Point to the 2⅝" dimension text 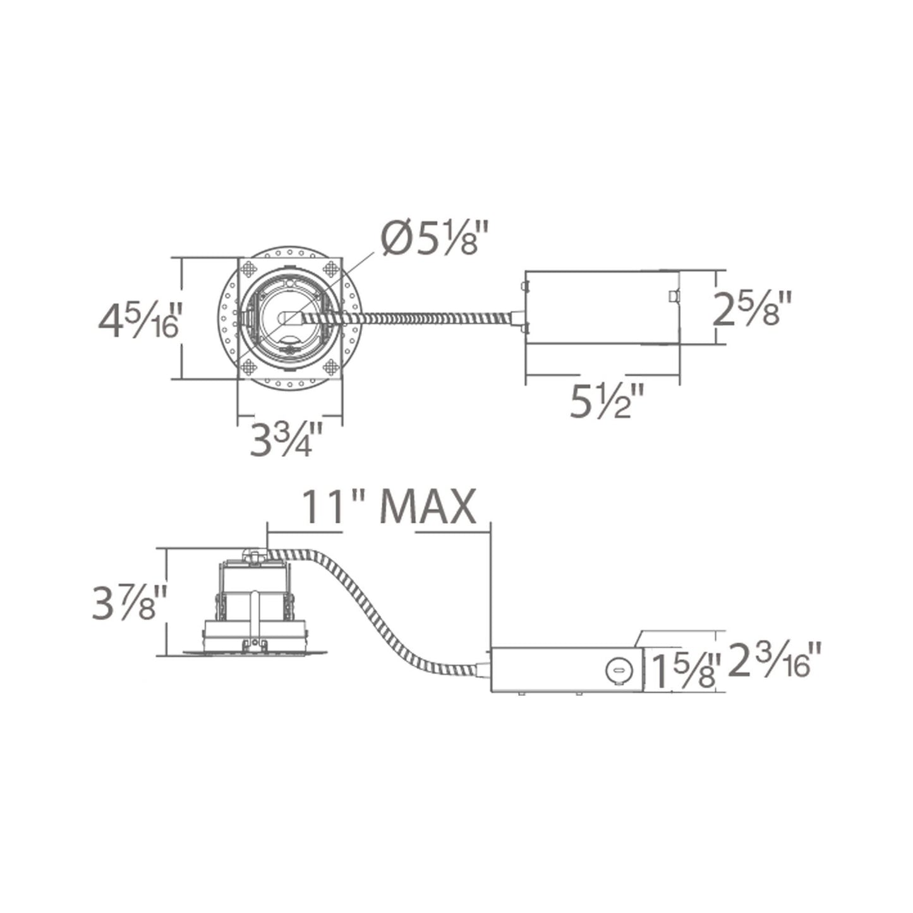(752, 308)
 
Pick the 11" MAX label (387, 507)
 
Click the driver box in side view (565, 670)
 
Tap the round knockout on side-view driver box (617, 670)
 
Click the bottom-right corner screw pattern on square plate (331, 366)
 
